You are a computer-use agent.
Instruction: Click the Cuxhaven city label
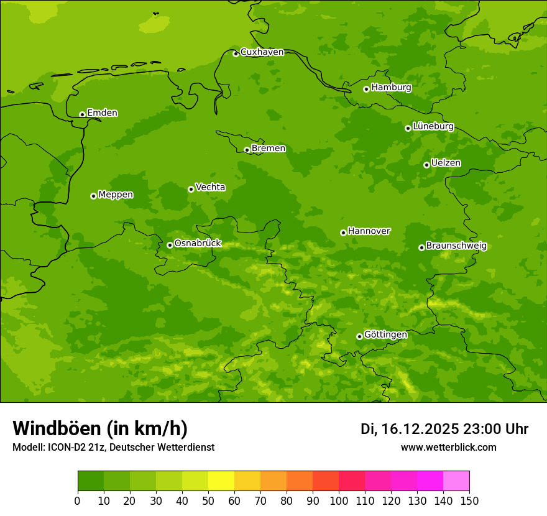coord(262,52)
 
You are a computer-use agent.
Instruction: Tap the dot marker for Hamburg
coord(367,89)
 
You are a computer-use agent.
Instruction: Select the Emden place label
coord(102,113)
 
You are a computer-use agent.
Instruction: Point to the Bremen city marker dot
coord(247,150)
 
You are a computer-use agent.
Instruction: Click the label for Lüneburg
coord(433,126)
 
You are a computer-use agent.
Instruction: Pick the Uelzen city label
coord(446,163)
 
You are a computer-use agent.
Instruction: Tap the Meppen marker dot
coord(94,196)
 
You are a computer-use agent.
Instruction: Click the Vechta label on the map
coord(210,187)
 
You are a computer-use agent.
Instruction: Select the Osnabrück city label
coord(198,243)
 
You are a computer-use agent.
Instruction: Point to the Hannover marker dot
coord(343,233)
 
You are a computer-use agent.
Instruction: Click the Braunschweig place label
coord(456,246)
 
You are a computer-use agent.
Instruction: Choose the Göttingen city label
coord(385,334)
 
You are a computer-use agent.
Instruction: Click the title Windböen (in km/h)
coord(99,428)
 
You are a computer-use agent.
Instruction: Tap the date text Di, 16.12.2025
coord(409,429)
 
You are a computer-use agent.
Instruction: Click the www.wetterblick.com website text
coord(448,447)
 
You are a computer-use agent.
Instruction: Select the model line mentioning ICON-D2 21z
coord(113,447)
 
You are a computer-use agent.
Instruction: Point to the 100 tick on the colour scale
coord(339,500)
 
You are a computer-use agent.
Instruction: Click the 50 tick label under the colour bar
coord(208,500)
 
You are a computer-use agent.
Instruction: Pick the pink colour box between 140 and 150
coord(456,481)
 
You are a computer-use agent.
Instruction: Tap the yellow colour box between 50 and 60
coord(221,481)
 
